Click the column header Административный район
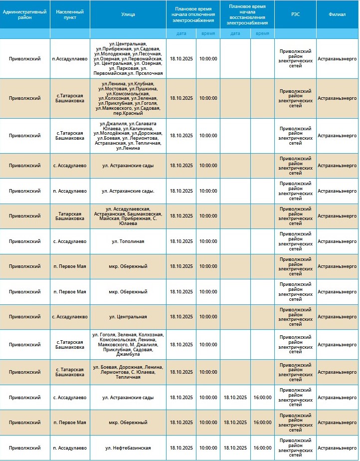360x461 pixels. click(x=25, y=14)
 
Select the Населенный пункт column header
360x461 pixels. click(x=70, y=14)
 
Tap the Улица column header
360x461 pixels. click(x=128, y=14)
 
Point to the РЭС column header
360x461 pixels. click(x=295, y=14)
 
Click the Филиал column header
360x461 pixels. click(x=337, y=14)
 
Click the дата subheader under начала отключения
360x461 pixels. click(x=181, y=33)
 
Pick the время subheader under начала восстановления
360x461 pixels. click(x=262, y=33)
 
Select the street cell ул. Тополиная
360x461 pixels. click(x=128, y=241)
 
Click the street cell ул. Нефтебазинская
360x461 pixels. click(x=128, y=448)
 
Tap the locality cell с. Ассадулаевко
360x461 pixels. click(x=70, y=317)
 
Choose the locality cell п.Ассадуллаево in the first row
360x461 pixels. click(x=70, y=58)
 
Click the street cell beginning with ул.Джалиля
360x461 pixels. click(x=128, y=136)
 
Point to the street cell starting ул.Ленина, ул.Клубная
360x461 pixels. click(x=128, y=98)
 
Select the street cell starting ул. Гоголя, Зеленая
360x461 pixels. click(x=128, y=344)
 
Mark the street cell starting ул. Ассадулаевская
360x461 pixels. click(x=128, y=216)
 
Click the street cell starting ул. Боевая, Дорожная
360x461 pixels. click(x=128, y=372)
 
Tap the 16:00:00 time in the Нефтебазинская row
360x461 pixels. click(x=262, y=448)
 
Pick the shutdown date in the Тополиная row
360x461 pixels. click(x=181, y=241)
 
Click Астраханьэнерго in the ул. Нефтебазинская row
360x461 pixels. click(x=337, y=448)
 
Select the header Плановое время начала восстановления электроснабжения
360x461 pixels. click(x=247, y=14)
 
